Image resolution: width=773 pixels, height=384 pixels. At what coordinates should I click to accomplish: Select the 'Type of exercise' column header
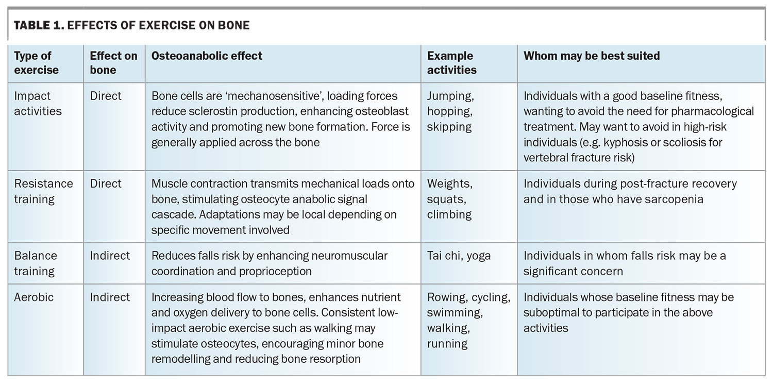(36, 63)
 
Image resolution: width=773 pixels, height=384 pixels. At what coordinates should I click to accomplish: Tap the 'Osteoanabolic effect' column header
(207, 56)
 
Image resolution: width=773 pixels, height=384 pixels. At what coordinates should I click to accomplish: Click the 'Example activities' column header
(452, 63)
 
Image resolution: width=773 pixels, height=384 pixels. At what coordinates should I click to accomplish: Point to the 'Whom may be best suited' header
(592, 56)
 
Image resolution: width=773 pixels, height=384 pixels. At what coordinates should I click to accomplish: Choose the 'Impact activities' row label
(38, 104)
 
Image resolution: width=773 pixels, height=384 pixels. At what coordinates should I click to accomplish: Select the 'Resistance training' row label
(43, 191)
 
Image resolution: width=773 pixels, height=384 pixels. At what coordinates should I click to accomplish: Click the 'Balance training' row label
(36, 263)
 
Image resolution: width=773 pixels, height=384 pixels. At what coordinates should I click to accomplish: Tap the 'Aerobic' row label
(34, 297)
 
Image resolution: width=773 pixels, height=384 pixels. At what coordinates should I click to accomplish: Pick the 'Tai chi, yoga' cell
(459, 256)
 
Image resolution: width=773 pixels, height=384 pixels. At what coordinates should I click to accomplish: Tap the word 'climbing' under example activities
(449, 214)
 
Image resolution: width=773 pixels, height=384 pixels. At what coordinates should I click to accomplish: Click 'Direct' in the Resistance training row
(106, 183)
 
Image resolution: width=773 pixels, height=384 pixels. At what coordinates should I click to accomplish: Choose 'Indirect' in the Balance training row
(110, 256)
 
